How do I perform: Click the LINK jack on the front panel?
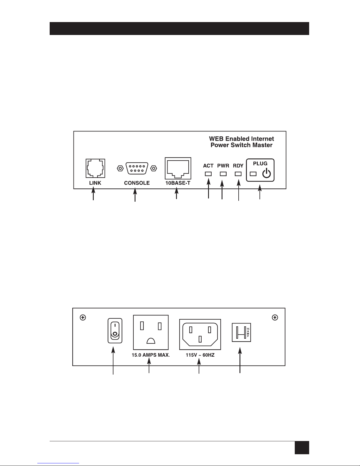[95, 168]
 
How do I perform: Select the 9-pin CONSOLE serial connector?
[137, 168]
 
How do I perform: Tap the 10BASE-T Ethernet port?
[178, 168]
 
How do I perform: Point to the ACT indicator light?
[208, 174]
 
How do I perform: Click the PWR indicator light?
[223, 174]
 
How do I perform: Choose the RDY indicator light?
[238, 174]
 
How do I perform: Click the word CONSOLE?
[137, 183]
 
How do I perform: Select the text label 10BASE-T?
[178, 183]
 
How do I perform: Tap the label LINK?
[95, 183]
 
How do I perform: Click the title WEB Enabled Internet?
[241, 138]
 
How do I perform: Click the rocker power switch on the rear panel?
[115, 331]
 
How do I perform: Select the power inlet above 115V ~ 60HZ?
[200, 334]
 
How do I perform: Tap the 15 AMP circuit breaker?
[241, 332]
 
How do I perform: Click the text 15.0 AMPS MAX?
[151, 355]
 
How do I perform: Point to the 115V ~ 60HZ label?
[200, 355]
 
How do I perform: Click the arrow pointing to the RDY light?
[238, 191]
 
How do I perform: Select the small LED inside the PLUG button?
[253, 174]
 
